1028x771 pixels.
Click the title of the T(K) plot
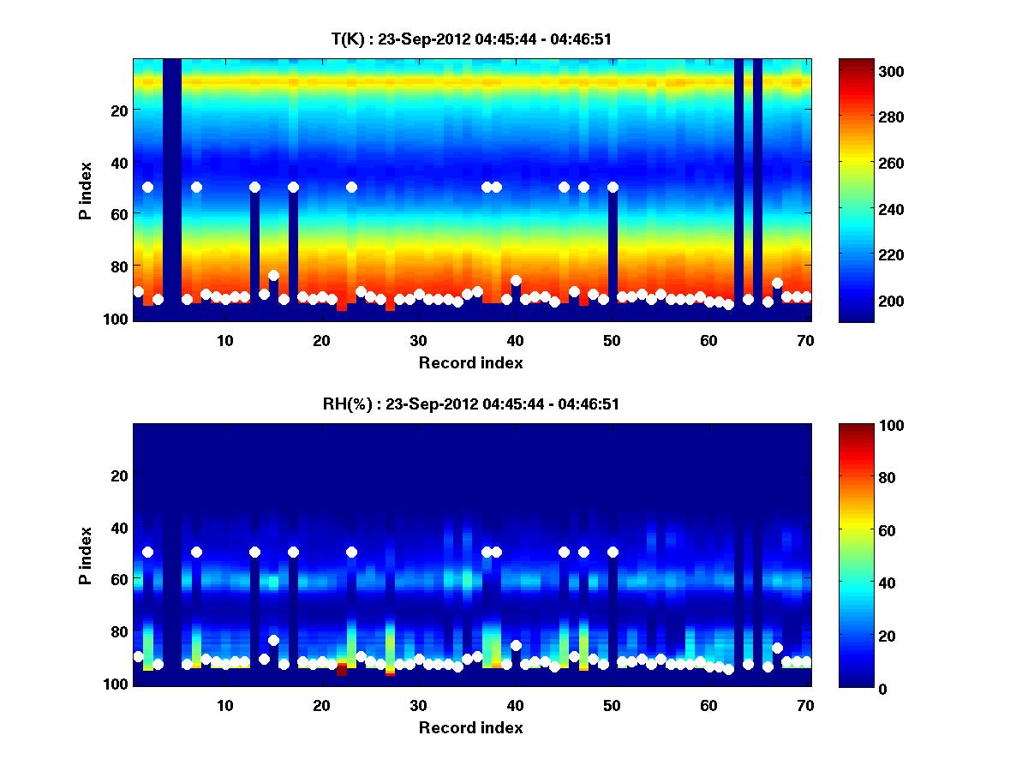(470, 39)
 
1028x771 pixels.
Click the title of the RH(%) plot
(470, 403)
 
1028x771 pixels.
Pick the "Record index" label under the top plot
(470, 362)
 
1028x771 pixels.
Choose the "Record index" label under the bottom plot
(470, 727)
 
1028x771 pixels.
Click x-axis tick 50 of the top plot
(612, 339)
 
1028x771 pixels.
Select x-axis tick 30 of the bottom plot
(418, 704)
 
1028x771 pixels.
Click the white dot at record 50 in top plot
(613, 187)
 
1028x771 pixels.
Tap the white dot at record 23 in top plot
(351, 187)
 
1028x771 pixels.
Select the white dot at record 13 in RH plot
(254, 552)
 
